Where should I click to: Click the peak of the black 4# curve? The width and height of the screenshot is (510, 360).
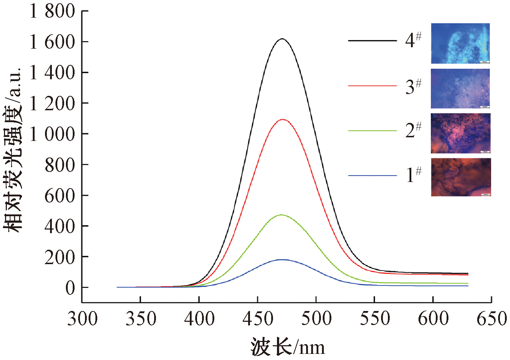click(282, 39)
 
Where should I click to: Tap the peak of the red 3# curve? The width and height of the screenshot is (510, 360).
click(282, 119)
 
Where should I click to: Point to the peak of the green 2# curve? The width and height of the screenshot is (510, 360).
click(281, 215)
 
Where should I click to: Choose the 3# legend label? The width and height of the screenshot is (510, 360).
click(413, 86)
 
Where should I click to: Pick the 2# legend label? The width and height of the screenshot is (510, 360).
click(413, 130)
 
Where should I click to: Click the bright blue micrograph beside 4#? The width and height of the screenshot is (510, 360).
click(460, 43)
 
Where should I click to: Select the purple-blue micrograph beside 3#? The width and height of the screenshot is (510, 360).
click(460, 89)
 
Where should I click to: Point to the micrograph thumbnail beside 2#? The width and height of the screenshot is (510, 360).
click(460, 133)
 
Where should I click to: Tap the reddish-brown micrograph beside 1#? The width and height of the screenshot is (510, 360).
click(460, 177)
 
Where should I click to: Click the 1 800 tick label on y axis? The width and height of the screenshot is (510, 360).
click(53, 11)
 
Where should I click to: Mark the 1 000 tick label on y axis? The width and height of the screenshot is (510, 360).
click(53, 134)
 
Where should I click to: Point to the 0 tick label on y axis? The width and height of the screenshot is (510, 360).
click(70, 288)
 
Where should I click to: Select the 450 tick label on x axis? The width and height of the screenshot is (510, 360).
click(258, 319)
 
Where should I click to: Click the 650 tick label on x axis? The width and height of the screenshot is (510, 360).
click(492, 319)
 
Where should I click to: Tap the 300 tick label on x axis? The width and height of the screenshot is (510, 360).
click(82, 319)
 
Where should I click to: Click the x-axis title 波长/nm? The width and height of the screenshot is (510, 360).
click(287, 347)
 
